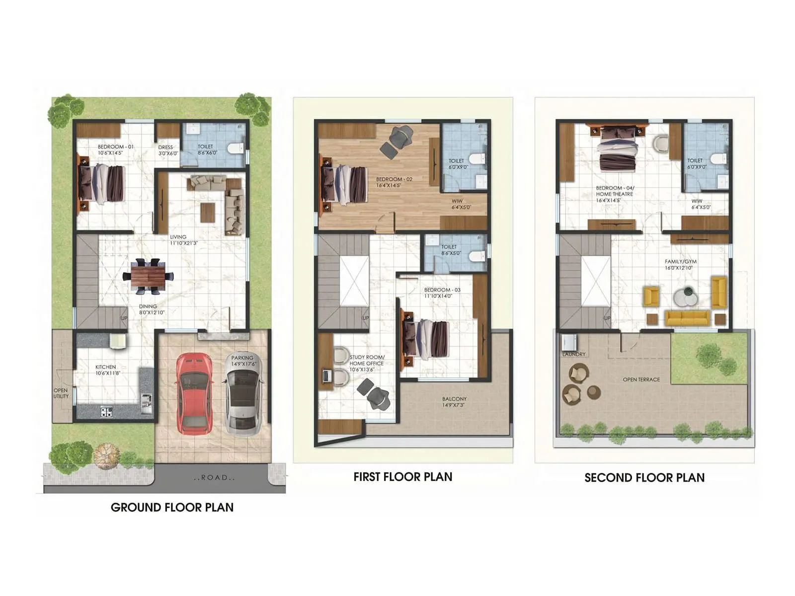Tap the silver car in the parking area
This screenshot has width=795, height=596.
coord(243,395)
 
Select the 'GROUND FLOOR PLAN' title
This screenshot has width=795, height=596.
coord(172,507)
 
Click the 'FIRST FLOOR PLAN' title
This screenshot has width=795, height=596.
coord(402,477)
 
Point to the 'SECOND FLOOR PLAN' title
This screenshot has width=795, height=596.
coord(644,478)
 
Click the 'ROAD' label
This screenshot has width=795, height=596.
coord(214,478)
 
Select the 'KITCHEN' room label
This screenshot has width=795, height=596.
coord(105,368)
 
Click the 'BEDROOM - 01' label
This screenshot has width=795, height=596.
coord(115,147)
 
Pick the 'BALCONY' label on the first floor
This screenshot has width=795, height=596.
coord(454,399)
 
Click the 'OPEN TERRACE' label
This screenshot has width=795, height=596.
coord(641,379)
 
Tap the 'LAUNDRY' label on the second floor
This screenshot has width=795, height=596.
coord(574,354)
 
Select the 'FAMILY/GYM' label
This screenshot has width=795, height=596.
coord(680,262)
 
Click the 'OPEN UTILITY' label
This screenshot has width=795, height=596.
coord(61,393)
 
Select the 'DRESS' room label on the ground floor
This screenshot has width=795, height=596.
coord(165,148)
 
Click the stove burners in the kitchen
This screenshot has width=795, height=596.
coord(106,412)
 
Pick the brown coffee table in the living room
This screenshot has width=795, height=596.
coord(208,212)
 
